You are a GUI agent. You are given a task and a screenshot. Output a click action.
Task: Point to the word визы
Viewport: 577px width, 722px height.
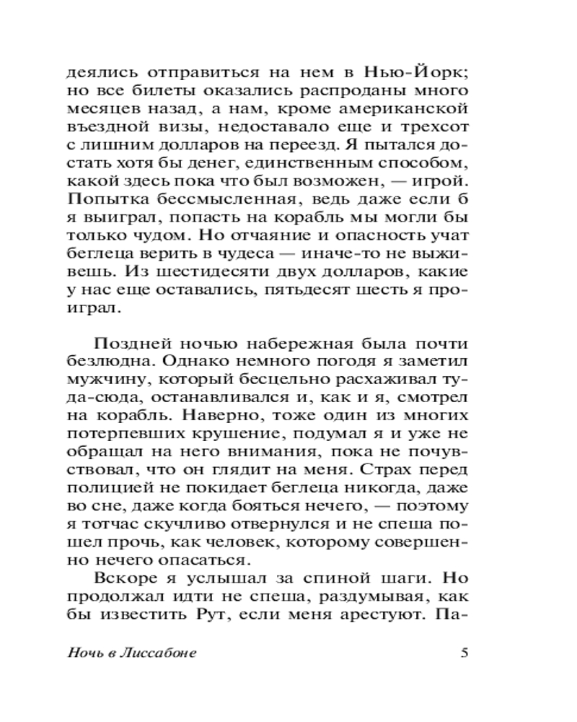coord(175,128)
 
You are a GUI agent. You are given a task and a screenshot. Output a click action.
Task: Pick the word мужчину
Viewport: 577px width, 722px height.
coord(99,380)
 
